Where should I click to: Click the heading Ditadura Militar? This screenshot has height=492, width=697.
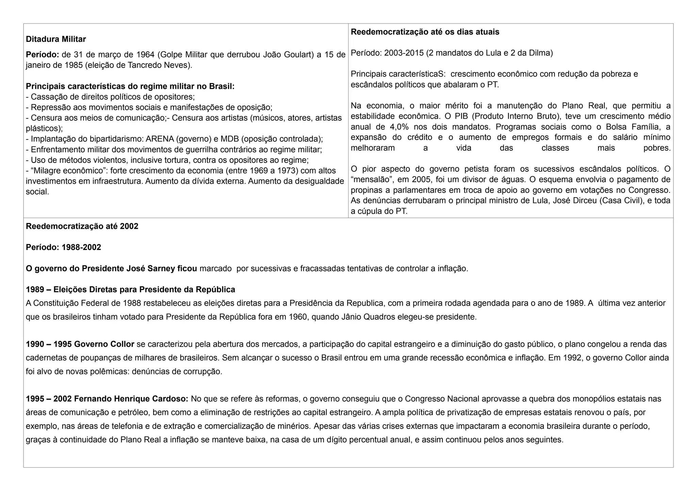click(56, 39)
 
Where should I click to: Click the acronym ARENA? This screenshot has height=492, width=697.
click(159, 139)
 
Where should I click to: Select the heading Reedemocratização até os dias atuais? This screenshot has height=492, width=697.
click(425, 32)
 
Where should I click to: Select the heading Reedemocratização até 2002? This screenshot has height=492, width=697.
click(82, 226)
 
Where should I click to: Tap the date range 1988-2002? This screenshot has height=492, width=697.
click(81, 247)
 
